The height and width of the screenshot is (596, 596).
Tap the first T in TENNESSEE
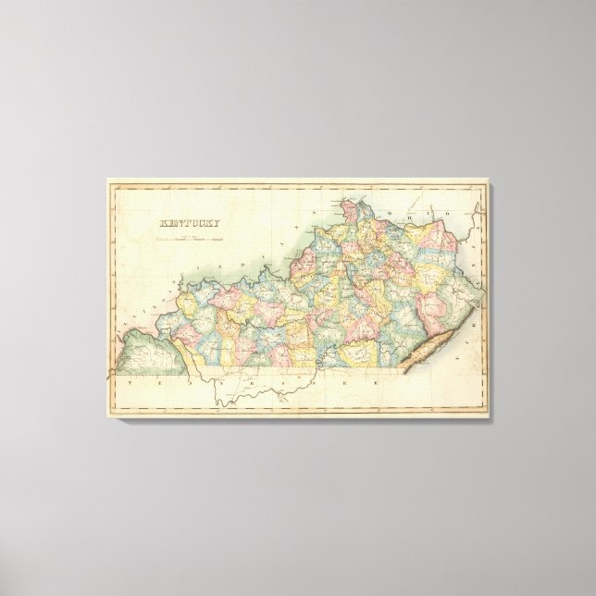coord(131,382)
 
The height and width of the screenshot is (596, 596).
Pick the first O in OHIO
coord(401,199)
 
